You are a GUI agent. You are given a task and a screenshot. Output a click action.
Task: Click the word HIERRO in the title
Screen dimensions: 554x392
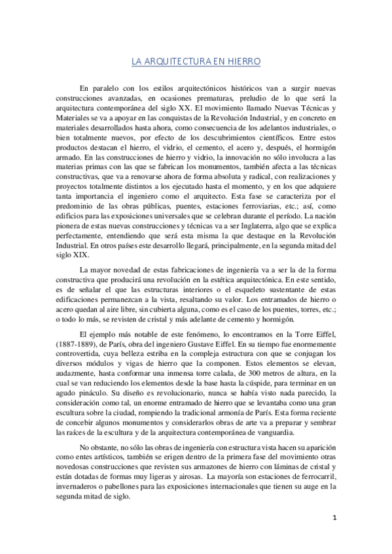point(244,62)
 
